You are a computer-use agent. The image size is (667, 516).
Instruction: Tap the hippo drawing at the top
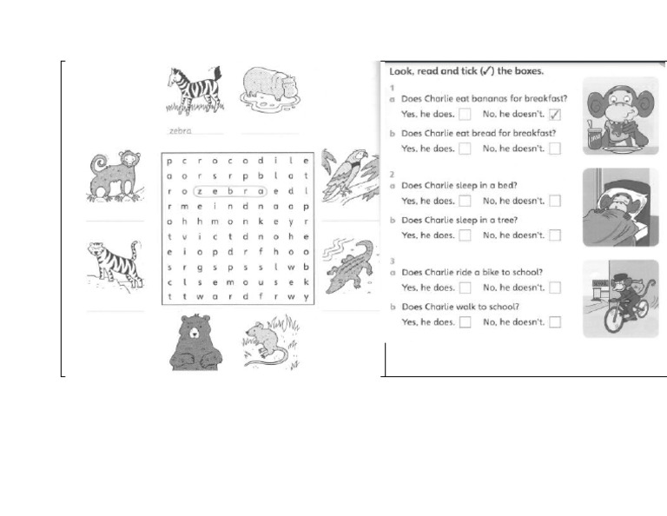click(269, 88)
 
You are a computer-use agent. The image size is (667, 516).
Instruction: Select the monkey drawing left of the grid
click(115, 176)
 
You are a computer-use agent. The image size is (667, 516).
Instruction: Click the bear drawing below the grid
click(195, 342)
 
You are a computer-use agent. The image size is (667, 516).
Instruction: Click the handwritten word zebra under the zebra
click(181, 131)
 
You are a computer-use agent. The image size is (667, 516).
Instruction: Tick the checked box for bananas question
click(555, 115)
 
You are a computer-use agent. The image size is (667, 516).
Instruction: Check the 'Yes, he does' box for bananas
click(466, 115)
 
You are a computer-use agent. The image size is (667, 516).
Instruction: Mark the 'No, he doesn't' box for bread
click(555, 149)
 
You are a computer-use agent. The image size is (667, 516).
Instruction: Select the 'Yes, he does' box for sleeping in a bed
click(466, 201)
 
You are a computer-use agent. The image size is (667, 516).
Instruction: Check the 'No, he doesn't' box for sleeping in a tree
click(555, 235)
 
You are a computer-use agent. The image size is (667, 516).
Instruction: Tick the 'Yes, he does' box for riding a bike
click(466, 288)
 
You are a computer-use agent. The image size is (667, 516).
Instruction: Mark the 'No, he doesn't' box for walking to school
click(555, 322)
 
